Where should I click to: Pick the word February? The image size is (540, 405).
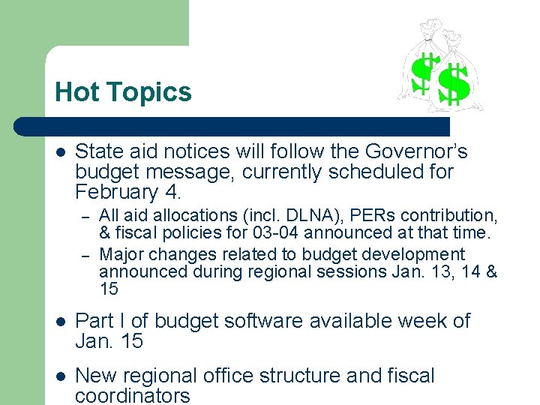tap(117, 192)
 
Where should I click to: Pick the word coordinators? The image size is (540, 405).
tap(133, 395)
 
